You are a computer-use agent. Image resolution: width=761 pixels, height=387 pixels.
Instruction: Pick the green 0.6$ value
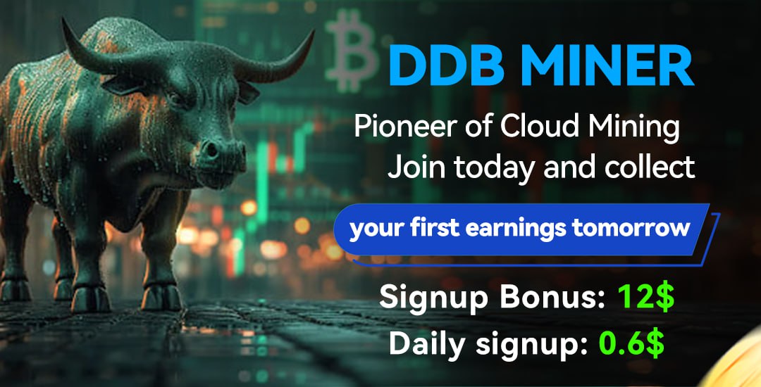click(631, 343)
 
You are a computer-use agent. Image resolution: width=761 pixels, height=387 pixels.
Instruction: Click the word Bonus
click(544, 298)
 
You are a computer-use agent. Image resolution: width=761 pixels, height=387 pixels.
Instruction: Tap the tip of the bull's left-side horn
click(63, 19)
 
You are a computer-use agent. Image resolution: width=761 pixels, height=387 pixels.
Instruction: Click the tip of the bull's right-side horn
click(313, 32)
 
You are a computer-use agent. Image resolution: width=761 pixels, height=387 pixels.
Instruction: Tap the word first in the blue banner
click(438, 228)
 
